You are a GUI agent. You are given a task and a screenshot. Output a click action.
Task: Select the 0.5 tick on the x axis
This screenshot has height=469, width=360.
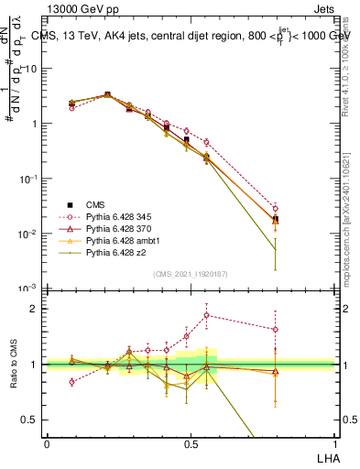coord(191,443)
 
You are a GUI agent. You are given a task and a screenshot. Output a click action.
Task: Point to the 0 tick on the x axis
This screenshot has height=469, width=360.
coord(48,443)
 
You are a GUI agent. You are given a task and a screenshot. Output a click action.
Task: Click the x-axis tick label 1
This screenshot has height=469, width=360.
coord(333,443)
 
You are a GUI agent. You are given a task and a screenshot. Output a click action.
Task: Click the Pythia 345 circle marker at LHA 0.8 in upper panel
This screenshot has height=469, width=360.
coord(276,209)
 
